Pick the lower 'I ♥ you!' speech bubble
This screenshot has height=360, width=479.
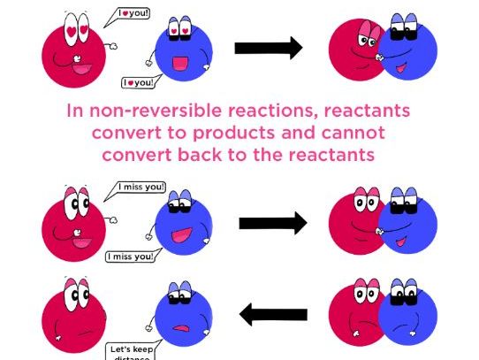click(x=138, y=82)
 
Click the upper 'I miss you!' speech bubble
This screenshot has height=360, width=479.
click(x=141, y=188)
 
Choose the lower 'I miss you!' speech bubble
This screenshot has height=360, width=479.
click(x=131, y=257)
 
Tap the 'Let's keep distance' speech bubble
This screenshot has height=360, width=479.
click(x=130, y=350)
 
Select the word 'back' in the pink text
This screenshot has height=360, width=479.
click(x=210, y=154)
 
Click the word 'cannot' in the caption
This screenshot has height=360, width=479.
click(x=353, y=134)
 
